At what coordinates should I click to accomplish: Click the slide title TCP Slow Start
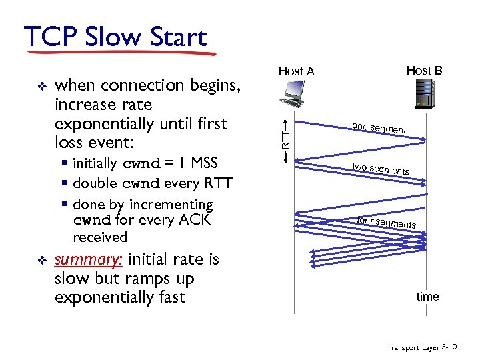coord(115,37)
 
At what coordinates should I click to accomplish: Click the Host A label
coord(296,71)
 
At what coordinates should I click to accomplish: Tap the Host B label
coord(424,70)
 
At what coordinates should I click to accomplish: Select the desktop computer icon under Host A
coord(294,94)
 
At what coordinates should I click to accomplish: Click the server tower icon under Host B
coord(424,94)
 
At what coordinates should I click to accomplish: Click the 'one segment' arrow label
coord(379,129)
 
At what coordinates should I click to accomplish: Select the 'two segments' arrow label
coord(381,169)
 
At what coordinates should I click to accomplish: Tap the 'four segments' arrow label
coord(386,223)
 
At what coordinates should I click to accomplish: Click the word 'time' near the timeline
coord(427,296)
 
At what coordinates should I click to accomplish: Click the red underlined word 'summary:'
coord(88,259)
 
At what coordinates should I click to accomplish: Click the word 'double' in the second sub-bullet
coord(95,183)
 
